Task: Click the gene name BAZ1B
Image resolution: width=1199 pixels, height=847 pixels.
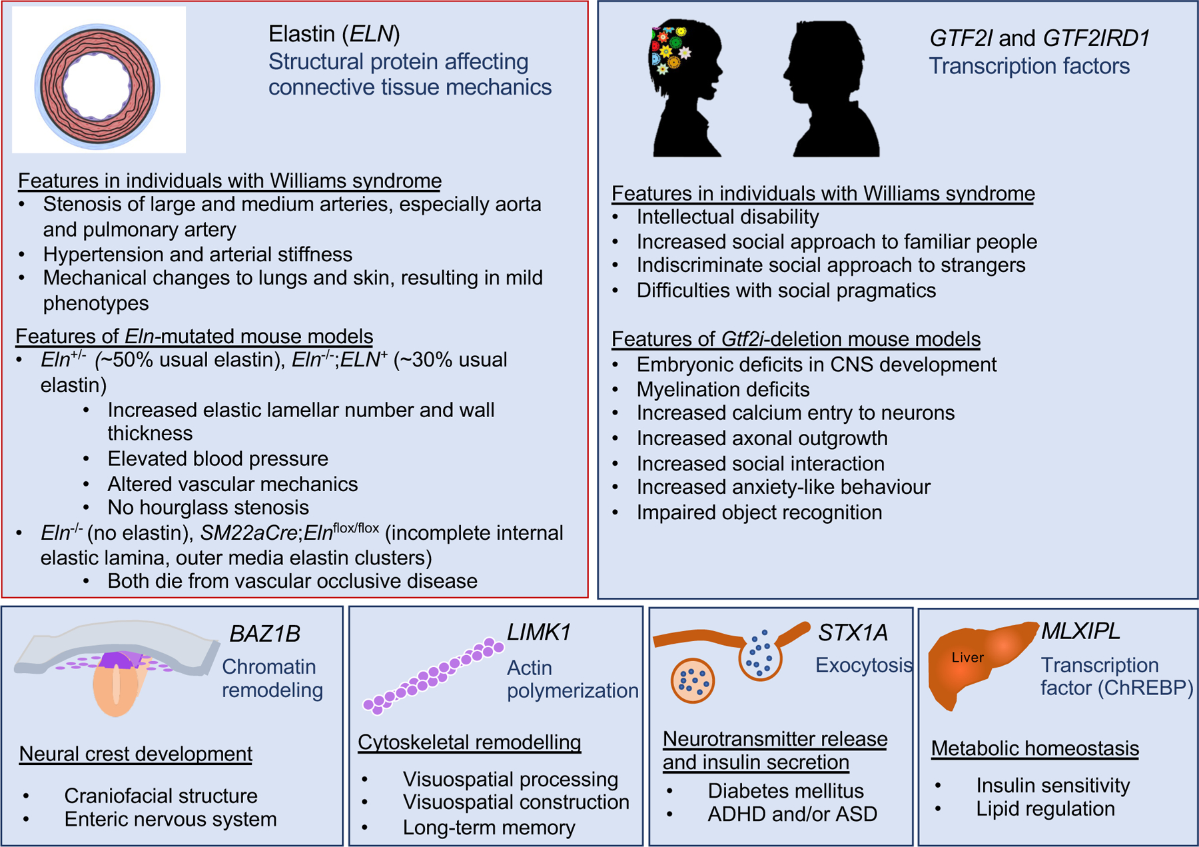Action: (x=264, y=634)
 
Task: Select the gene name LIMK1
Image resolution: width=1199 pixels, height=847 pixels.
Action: (x=539, y=632)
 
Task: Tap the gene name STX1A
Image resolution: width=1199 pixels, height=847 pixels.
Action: (x=853, y=632)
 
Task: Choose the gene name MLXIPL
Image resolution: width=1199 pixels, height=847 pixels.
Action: (x=1080, y=630)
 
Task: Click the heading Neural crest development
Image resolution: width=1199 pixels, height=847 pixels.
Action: (x=135, y=754)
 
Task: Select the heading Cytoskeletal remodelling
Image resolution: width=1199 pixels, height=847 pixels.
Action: (x=469, y=742)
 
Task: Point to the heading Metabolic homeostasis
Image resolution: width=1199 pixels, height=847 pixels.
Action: (x=1034, y=748)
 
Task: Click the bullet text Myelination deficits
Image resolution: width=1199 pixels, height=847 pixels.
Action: (x=723, y=389)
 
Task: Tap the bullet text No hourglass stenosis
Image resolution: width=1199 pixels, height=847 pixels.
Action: (x=208, y=508)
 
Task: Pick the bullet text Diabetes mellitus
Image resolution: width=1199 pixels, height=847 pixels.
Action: (x=785, y=791)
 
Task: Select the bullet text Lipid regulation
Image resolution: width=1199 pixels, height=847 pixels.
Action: (x=1045, y=809)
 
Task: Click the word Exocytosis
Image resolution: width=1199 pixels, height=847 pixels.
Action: (x=863, y=665)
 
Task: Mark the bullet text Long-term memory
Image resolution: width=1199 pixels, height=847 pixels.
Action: (x=489, y=828)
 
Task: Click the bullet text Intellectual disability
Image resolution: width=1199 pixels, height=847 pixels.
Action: (x=727, y=217)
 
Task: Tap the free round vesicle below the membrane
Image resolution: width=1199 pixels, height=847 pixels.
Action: (x=693, y=681)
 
